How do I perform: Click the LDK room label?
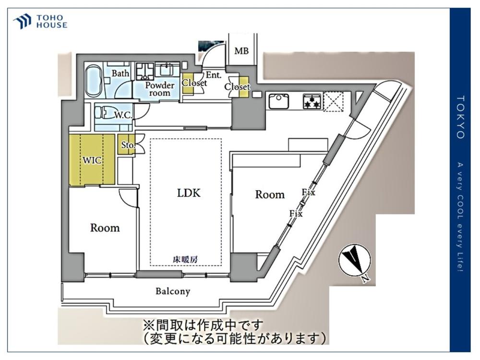189,193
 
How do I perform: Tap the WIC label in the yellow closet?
92,160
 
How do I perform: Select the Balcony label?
173,291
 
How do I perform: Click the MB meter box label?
241,51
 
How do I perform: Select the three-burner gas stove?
312,101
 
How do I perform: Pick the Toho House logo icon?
22,22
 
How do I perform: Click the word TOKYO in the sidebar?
461,117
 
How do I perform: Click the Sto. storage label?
128,144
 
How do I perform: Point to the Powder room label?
160,89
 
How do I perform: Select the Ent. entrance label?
214,75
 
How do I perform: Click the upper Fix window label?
308,192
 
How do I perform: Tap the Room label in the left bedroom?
105,228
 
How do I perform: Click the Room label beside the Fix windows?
270,194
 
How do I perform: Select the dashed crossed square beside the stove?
334,101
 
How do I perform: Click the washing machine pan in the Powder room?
145,72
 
